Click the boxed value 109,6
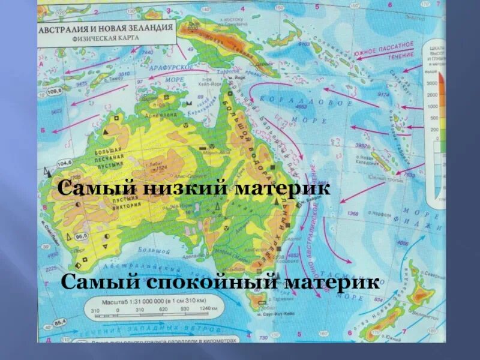[x=55, y=91]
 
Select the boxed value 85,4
[x=59, y=325]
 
